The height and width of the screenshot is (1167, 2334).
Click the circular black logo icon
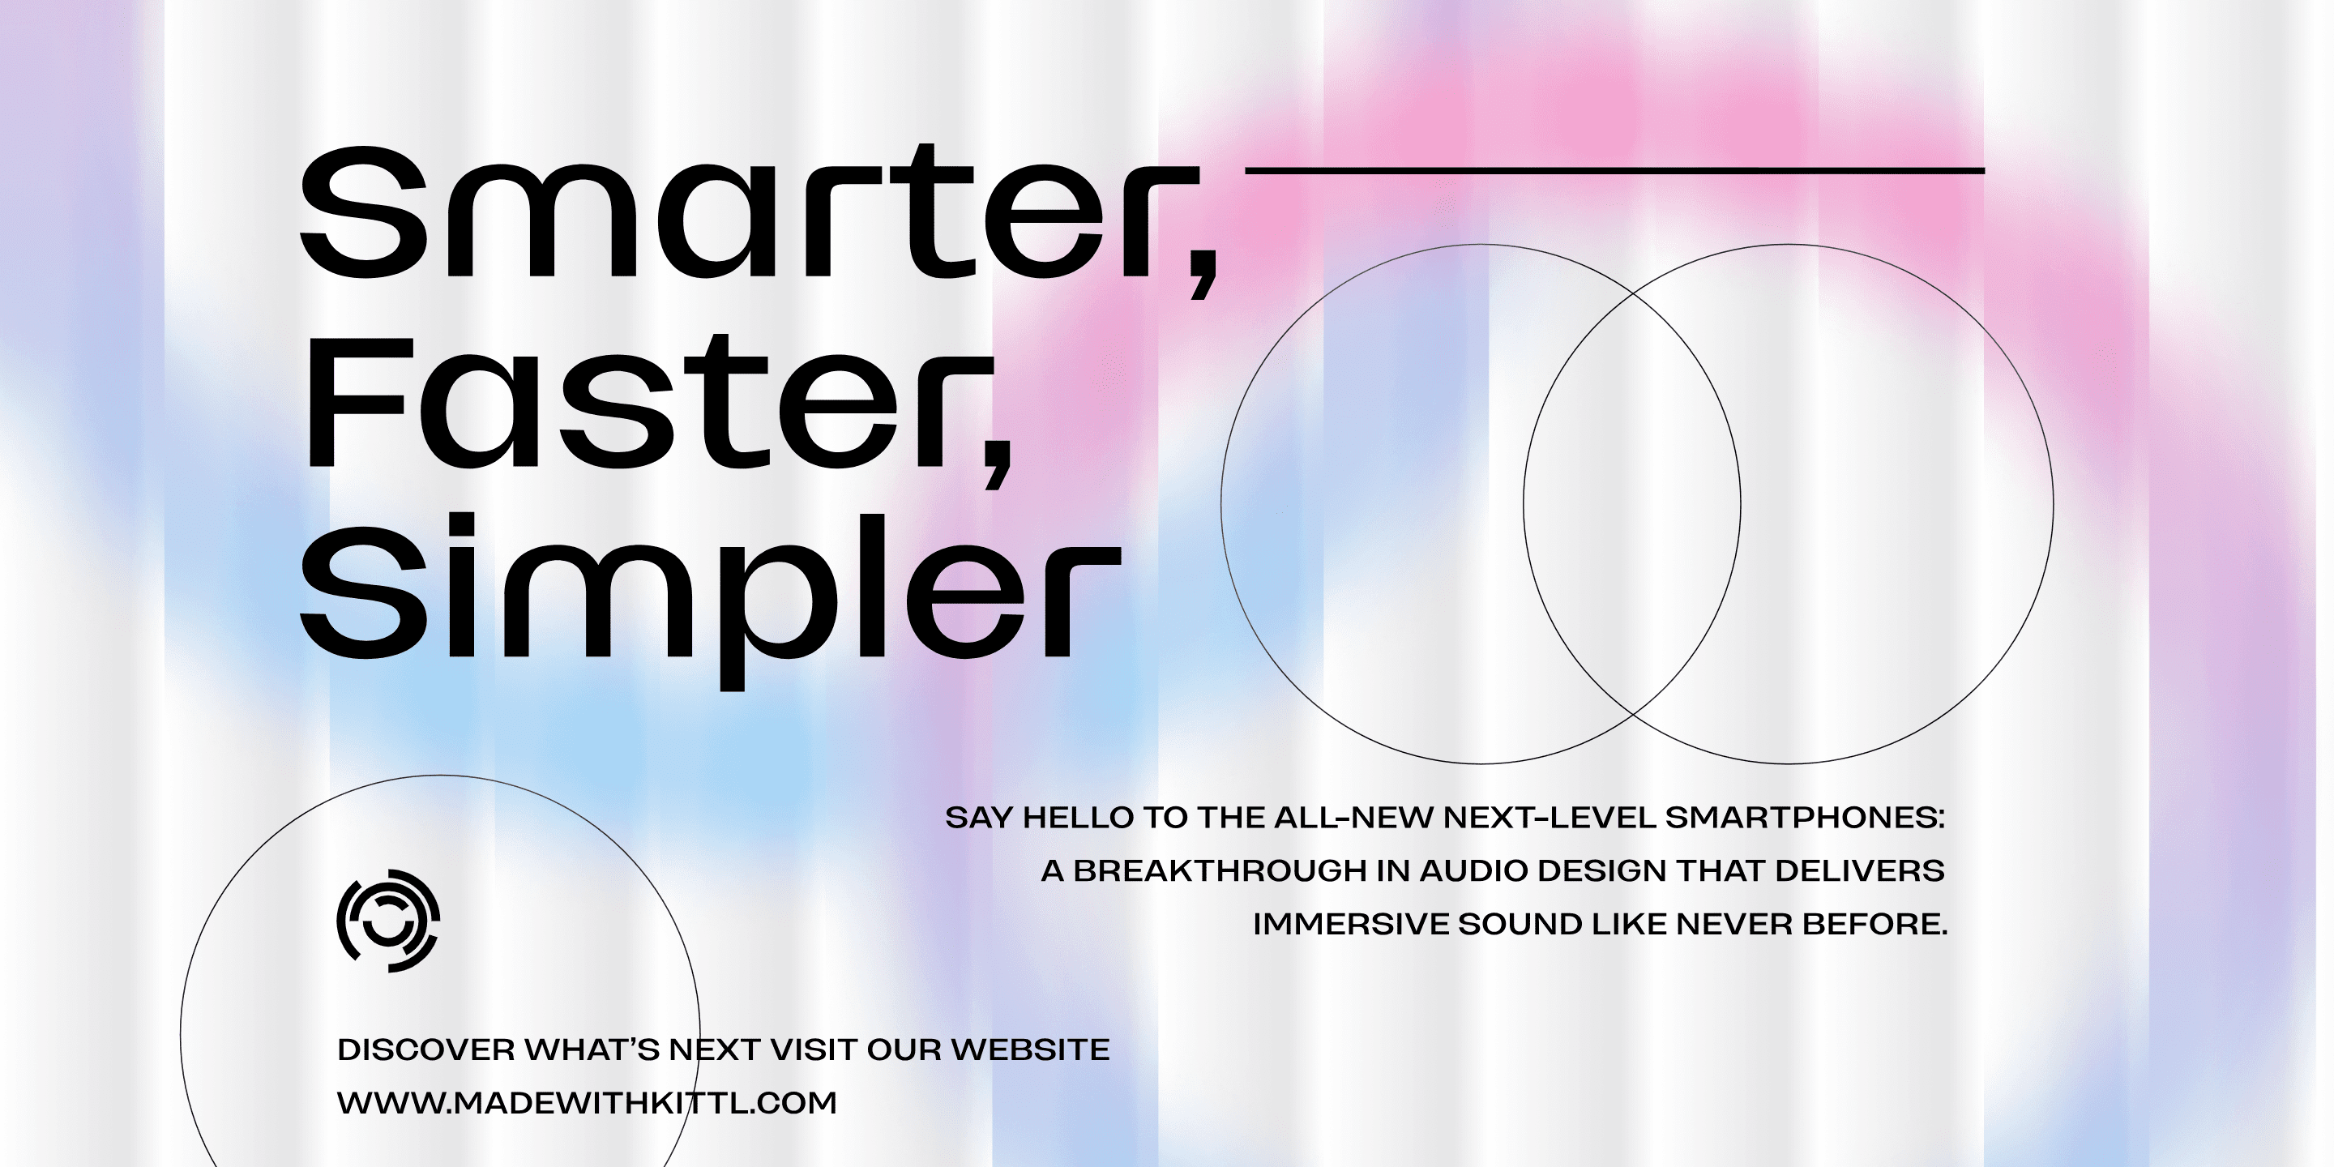tap(389, 921)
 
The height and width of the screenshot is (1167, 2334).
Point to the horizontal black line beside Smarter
tap(1615, 169)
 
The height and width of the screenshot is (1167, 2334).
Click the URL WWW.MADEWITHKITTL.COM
tap(587, 1103)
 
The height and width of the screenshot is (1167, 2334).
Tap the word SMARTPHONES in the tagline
tap(1805, 817)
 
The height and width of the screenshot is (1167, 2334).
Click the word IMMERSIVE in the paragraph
tap(1350, 924)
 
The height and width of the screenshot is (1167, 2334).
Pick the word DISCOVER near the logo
tap(425, 1049)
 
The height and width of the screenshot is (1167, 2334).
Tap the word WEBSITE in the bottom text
tap(1029, 1049)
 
